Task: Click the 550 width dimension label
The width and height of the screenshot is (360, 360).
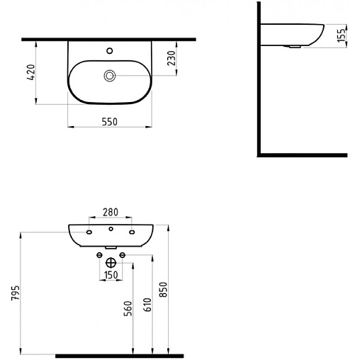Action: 108,121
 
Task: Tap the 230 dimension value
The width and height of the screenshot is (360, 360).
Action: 171,58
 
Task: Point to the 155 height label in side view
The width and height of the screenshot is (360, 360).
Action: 341,36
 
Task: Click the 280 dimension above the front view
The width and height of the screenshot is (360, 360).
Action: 110,211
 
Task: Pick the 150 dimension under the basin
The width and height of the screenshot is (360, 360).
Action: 110,274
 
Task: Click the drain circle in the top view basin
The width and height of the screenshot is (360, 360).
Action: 110,75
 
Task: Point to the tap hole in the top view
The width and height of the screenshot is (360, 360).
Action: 109,50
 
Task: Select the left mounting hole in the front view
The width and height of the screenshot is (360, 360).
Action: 89,232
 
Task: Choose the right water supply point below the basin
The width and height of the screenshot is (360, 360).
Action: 123,254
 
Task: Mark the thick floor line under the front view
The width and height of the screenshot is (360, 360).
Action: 120,354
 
